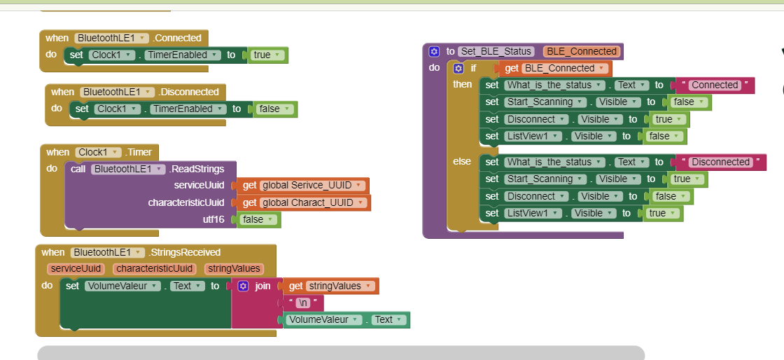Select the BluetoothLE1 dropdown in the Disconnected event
[116, 92]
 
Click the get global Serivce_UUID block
[304, 185]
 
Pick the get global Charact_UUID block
[304, 202]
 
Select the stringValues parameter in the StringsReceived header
[234, 268]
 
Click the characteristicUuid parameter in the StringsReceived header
[154, 268]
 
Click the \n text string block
[302, 303]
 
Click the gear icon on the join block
[243, 286]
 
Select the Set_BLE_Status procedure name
[496, 51]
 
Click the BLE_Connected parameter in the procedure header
[581, 51]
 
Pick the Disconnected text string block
[720, 162]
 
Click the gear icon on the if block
[458, 68]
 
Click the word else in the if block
[462, 161]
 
